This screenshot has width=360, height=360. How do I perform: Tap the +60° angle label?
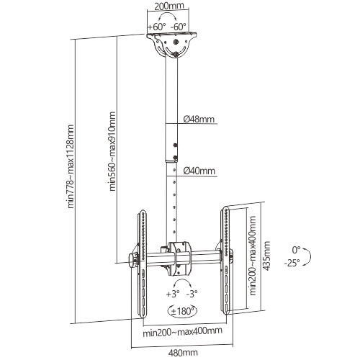tap(156, 27)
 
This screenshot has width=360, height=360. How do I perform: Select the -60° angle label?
tap(179, 27)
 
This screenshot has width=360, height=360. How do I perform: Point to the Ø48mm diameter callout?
tap(198, 120)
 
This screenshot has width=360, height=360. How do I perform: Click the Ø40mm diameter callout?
tap(198, 171)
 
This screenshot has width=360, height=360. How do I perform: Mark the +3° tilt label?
tap(172, 294)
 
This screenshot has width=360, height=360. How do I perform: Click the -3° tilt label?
tap(192, 294)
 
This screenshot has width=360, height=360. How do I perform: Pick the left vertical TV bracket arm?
tap(140, 263)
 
